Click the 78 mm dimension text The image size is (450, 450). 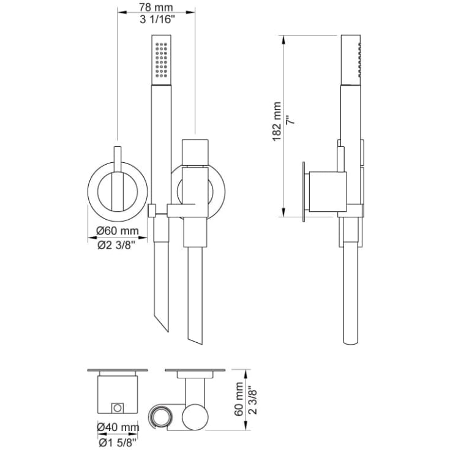156,7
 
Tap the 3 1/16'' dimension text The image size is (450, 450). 157,20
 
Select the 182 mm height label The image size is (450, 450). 277,121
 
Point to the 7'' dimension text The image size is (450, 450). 290,119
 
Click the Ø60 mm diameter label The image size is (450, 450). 118,231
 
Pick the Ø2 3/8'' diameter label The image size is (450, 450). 116,245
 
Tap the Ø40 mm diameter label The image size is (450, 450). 118,427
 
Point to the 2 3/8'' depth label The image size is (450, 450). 252,401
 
